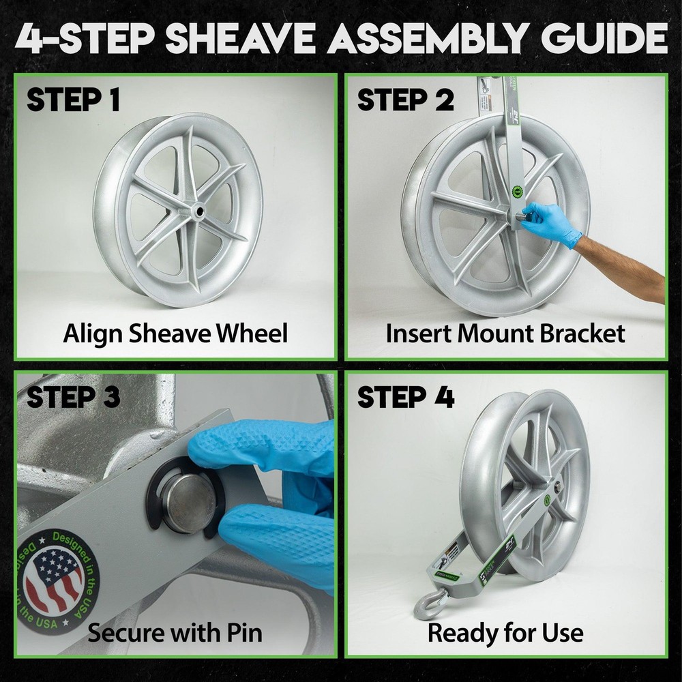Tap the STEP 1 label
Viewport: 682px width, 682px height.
pos(73,100)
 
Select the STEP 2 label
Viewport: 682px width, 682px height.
pos(405,100)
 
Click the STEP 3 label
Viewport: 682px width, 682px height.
pos(73,396)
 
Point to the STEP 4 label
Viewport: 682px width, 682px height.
pos(405,398)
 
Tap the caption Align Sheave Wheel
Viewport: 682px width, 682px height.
pos(175,333)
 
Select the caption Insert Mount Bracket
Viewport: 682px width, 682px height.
pos(505,333)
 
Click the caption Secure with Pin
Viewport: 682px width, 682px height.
pos(175,633)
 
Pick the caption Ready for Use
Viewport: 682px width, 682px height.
pos(505,633)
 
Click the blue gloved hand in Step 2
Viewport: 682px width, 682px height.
pos(550,223)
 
